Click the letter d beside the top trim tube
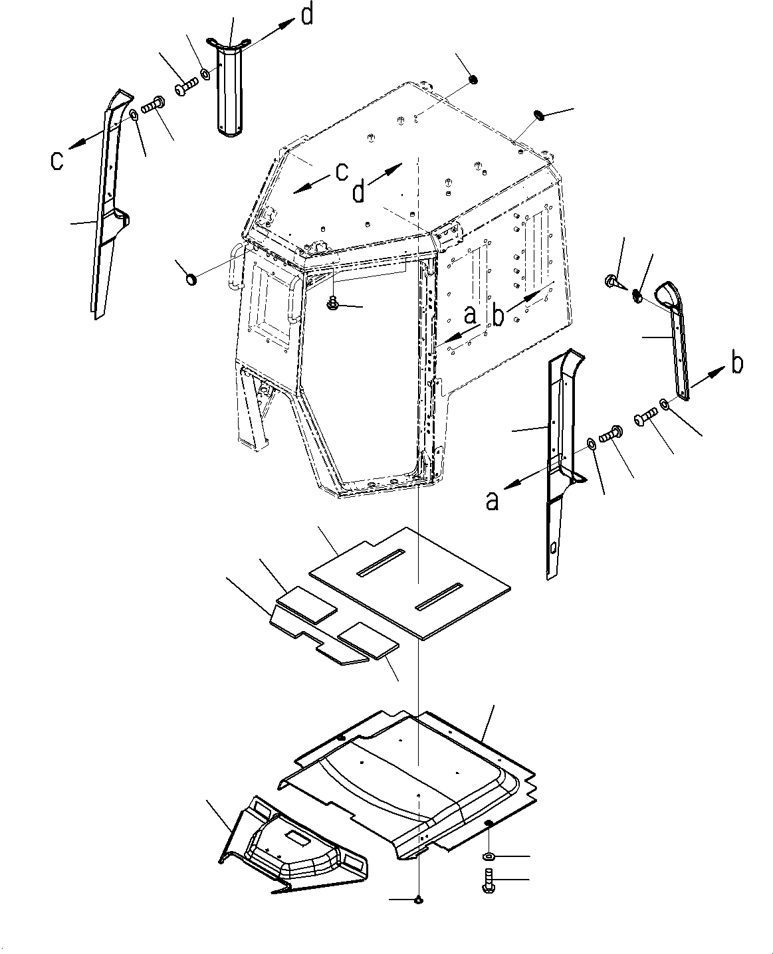(306, 15)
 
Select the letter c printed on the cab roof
(341, 171)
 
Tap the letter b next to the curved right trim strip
(736, 363)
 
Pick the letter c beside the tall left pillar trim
(58, 160)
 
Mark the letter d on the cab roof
(358, 192)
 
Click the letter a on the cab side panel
(470, 315)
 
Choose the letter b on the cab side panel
(498, 316)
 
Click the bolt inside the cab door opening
(332, 305)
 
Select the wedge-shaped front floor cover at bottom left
(292, 844)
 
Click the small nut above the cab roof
(473, 80)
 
